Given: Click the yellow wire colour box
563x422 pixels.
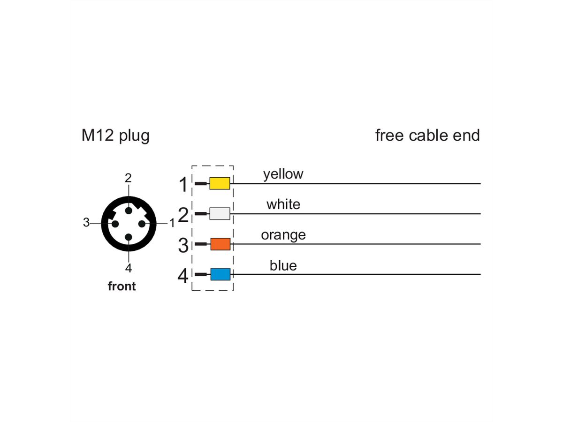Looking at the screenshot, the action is pos(220,183).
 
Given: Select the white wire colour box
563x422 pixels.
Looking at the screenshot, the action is pos(220,213).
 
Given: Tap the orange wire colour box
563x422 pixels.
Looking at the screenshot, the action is pos(220,244).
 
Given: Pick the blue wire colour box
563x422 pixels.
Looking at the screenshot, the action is pos(220,274).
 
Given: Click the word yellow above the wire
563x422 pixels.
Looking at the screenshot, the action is pos(283,175).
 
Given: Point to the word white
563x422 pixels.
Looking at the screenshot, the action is pos(283,204).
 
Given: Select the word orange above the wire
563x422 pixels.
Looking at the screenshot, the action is pos(283,235).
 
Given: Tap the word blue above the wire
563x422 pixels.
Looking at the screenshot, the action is pos(283,265).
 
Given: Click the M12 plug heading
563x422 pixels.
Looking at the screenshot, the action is pos(115,136).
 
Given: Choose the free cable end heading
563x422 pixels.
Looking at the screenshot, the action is pos(427,135).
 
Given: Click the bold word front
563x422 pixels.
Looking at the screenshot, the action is pos(122,286).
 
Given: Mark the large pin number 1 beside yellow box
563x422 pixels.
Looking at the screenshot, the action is pos(183,184).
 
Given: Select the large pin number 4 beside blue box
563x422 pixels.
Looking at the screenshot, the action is pos(183,276).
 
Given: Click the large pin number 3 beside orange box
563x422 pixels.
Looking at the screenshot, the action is pos(183,245).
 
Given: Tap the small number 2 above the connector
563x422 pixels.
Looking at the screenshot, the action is pos(128,178).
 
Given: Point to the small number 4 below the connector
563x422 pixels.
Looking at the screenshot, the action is pos(129,268).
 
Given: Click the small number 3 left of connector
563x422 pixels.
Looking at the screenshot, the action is pos(86,222).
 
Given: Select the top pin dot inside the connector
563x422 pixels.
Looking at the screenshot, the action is pos(129,211).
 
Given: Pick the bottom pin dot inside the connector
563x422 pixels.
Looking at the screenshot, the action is pos(129,237).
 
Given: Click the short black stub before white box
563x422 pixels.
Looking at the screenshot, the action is pos(201,213).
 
